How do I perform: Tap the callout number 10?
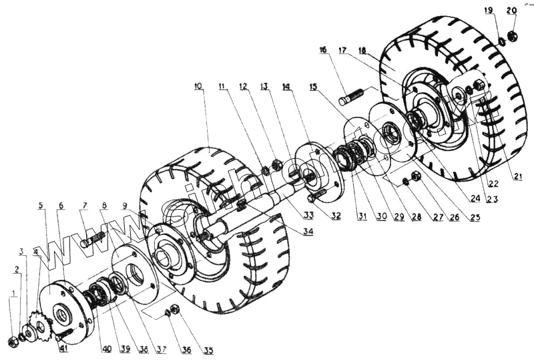[x=198, y=86]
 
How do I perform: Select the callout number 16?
[x=324, y=49]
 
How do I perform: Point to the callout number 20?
[x=512, y=10]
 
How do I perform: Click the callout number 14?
[x=286, y=87]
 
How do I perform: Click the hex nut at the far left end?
[x=12, y=342]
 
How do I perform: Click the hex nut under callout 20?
[x=513, y=35]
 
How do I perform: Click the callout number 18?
[x=362, y=49]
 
